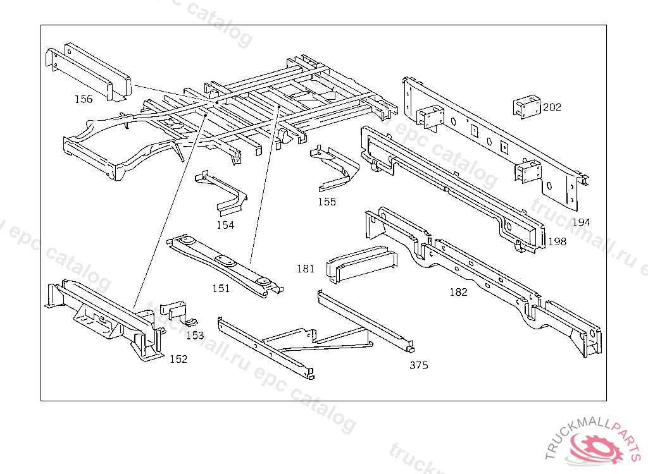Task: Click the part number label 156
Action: tap(83, 99)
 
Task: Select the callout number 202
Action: tap(552, 107)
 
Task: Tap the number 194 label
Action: tap(581, 222)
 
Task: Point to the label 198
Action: tap(558, 241)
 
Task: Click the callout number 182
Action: tap(458, 292)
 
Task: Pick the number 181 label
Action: tap(306, 269)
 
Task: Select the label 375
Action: tap(418, 365)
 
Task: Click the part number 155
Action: tap(327, 202)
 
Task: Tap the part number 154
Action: tap(225, 225)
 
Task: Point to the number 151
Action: tap(221, 289)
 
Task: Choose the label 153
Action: tap(195, 336)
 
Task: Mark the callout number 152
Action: tap(178, 359)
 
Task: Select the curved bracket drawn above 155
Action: tap(333, 167)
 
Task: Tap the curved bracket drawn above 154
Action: tap(221, 190)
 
